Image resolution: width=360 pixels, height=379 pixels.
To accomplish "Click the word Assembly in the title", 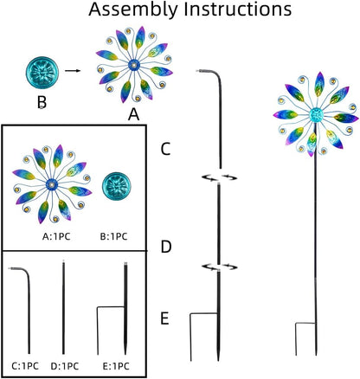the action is tap(134, 9).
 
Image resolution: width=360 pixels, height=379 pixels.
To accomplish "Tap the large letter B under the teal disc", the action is tap(42, 102).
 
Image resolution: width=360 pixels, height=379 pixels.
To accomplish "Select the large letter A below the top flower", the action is tap(133, 115).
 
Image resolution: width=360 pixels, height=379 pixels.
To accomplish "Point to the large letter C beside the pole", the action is tap(165, 149).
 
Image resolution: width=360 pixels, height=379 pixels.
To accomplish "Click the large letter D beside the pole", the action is tap(166, 247).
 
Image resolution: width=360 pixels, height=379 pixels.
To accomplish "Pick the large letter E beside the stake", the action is tap(164, 319).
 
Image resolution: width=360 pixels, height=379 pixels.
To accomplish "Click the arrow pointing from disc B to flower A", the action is tap(73, 70).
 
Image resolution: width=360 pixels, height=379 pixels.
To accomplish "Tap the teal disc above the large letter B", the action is tap(42, 73).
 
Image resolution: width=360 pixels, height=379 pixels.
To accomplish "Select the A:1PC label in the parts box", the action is tap(56, 237).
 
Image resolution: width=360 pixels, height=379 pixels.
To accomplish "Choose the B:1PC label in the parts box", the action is tap(113, 237).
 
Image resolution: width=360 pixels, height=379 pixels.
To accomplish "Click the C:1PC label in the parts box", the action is tap(25, 366).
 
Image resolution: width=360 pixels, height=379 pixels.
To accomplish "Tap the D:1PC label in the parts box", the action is tap(65, 366).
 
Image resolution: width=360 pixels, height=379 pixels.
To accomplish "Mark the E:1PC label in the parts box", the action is tap(116, 366).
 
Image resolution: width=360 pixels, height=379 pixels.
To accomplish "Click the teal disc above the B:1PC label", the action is tap(116, 187).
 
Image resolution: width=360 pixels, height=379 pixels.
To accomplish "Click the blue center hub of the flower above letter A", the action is tap(134, 65).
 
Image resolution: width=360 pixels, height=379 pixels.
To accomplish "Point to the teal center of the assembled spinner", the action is tap(316, 115).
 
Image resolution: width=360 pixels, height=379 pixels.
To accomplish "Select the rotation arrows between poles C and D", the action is tap(219, 177).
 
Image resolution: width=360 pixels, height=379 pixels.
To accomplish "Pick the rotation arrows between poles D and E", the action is tap(219, 267).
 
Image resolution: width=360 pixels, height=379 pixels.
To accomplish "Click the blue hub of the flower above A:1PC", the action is tap(52, 184).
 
